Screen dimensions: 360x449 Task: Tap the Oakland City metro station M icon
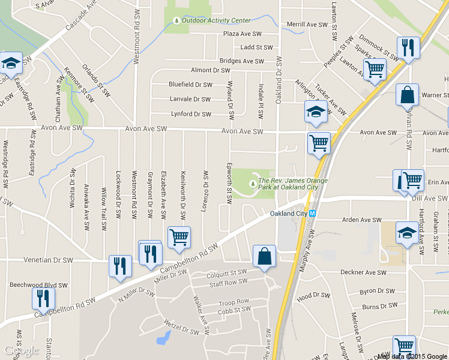click(x=313, y=214)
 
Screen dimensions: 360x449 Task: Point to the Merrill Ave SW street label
click(x=307, y=25)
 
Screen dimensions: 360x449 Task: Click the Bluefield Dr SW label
click(x=190, y=85)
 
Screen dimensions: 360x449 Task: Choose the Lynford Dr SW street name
click(x=190, y=114)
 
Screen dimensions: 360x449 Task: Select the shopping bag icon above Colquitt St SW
click(x=264, y=256)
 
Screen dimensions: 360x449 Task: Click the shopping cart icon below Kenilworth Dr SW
click(x=179, y=238)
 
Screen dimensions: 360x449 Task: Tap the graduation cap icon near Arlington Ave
click(x=316, y=112)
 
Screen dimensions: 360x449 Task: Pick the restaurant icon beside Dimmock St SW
click(x=408, y=47)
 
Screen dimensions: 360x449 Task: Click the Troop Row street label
click(x=234, y=302)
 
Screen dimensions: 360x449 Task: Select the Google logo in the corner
click(x=21, y=350)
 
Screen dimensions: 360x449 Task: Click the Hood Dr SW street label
click(x=313, y=296)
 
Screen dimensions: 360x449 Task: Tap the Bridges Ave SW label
click(x=241, y=61)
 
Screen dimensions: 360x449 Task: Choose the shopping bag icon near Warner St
click(x=407, y=95)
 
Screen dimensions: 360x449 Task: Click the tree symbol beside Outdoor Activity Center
click(x=176, y=21)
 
